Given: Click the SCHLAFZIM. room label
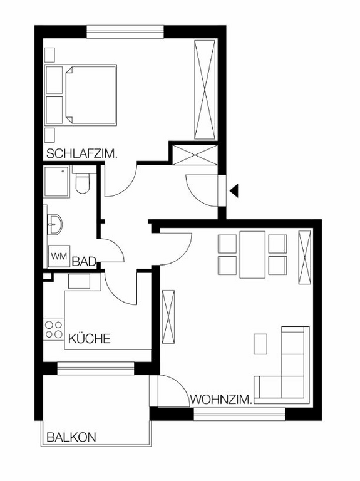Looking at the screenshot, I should (x=81, y=153).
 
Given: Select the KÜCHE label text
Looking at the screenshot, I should (x=89, y=339).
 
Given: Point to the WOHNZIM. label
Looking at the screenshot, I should (x=221, y=399).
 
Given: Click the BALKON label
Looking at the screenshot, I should (x=71, y=438).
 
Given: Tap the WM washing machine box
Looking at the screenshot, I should (x=59, y=256).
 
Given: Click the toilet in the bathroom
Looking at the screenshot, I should (x=81, y=182).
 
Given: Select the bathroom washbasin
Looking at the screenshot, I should (x=54, y=223).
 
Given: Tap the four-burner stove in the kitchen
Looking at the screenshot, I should (x=53, y=330).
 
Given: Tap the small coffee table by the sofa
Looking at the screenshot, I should (x=260, y=343).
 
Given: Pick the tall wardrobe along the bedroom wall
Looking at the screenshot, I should (x=205, y=91).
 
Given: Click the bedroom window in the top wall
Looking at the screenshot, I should (x=125, y=30).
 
